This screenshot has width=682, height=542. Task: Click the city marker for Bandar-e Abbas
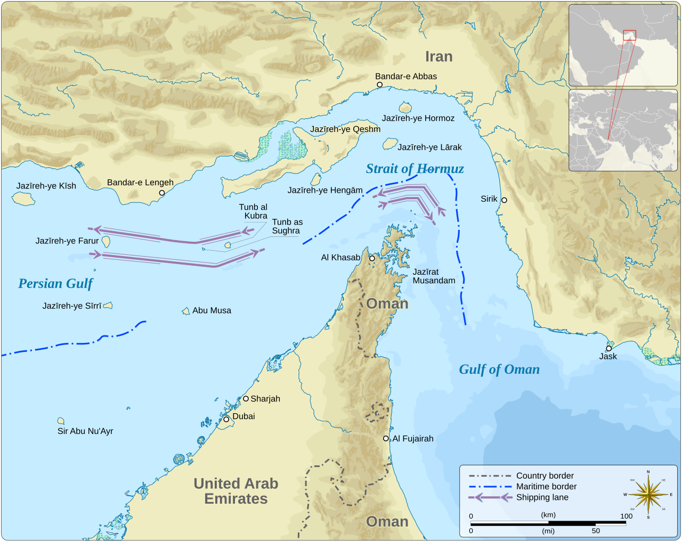379,85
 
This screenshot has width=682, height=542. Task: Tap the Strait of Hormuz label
415,169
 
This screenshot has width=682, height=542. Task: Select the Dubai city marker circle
226,420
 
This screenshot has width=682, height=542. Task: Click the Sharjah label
265,399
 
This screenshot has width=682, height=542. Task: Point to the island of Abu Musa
186,311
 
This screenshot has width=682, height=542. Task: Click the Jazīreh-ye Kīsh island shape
23,199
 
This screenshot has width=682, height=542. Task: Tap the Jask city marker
608,348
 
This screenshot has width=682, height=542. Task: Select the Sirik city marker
504,200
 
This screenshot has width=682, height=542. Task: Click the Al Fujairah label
412,439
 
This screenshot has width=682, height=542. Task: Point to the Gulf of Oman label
499,369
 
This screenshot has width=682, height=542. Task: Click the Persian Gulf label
55,284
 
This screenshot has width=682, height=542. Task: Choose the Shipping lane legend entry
542,497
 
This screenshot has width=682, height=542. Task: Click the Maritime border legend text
546,487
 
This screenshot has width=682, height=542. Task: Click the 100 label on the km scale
626,516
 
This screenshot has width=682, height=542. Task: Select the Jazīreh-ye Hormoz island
405,107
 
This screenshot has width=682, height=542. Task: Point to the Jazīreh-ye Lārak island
390,144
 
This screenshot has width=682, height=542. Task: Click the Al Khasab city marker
372,258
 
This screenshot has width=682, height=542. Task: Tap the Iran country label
439,56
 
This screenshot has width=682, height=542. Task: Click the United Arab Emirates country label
236,491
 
